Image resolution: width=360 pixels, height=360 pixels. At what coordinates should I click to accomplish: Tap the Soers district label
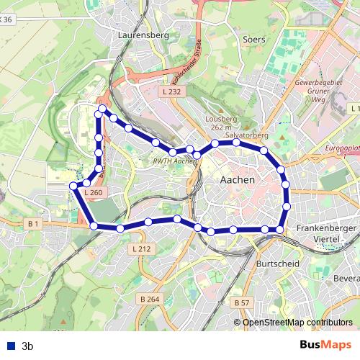click(254, 40)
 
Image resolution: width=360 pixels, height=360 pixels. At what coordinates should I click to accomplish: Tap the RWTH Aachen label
click(175, 162)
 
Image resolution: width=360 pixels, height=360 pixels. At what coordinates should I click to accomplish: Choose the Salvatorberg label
click(246, 135)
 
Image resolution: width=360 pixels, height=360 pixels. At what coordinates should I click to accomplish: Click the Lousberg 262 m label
click(221, 122)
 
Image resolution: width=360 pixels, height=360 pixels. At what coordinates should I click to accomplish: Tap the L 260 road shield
click(94, 192)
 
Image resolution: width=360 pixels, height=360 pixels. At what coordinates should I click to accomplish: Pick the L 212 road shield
click(142, 248)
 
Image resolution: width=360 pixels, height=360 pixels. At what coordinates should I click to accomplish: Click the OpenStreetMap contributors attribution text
click(298, 323)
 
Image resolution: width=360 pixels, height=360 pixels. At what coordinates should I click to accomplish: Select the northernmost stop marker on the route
click(102, 109)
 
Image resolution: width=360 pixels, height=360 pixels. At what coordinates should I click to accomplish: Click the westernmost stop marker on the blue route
click(73, 186)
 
